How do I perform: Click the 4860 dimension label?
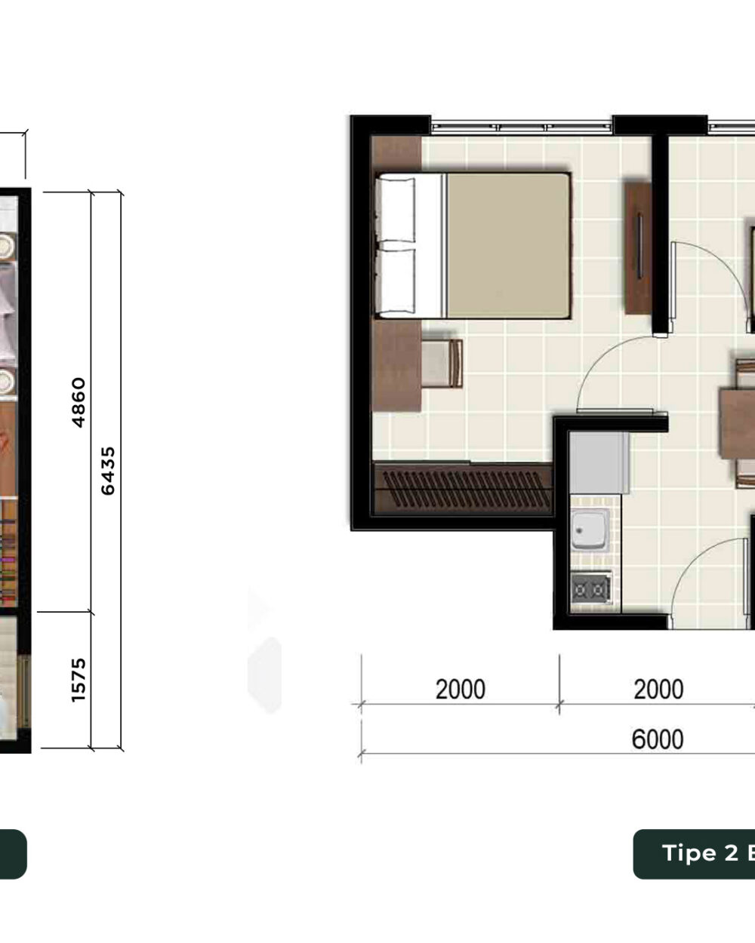79,402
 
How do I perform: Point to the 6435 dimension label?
108,471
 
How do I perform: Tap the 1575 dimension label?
79,680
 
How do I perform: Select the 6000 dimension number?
657,739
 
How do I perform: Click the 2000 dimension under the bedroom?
461,690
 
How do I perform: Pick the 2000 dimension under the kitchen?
658,690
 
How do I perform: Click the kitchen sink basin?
590,530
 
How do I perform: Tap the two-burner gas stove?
591,588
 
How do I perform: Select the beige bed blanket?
508,245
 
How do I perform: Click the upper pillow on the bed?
396,210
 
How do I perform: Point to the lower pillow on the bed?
396,281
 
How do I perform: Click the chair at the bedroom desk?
442,364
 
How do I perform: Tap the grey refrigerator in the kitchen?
599,462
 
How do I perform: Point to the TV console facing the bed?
638,248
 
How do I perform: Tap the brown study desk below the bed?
396,366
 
